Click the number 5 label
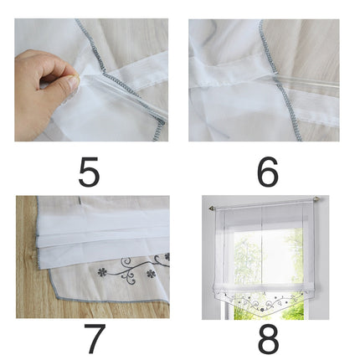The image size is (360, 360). (x=90, y=172)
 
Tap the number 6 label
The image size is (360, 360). (x=267, y=172)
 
